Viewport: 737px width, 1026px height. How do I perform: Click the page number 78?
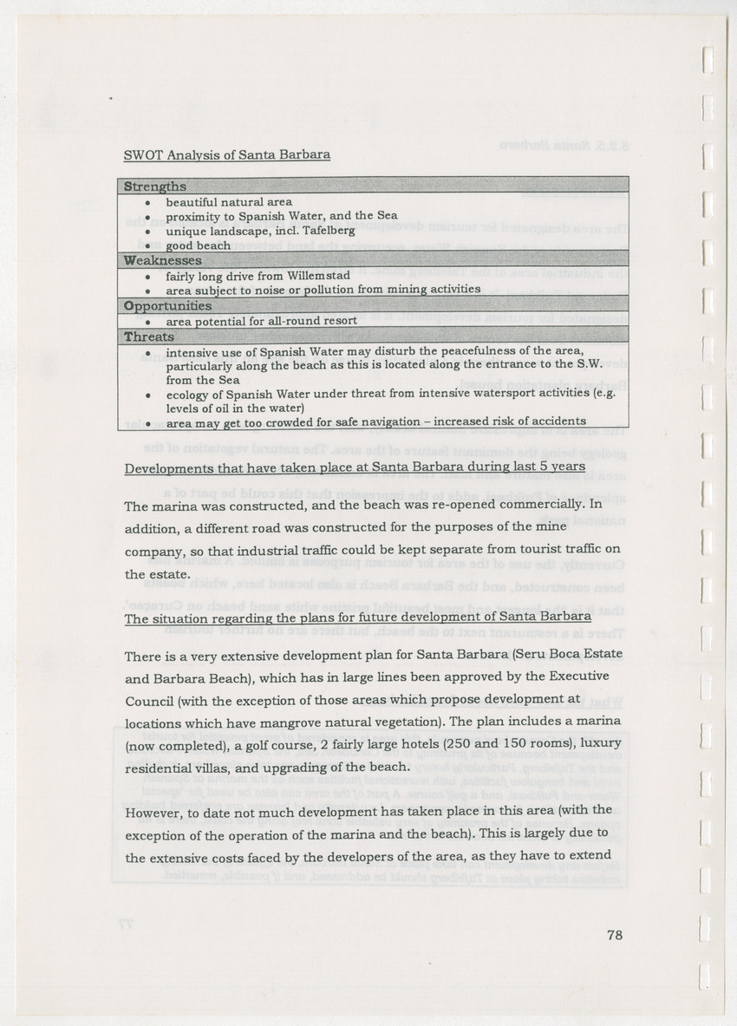tap(615, 934)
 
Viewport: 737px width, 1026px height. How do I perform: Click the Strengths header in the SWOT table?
tap(154, 186)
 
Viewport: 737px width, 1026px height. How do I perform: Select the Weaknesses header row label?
tap(162, 260)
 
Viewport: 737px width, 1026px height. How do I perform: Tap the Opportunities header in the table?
tap(167, 306)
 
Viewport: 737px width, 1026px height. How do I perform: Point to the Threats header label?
tap(148, 337)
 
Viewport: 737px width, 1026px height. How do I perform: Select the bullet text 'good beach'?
tap(199, 245)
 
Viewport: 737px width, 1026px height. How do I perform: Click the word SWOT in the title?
tap(140, 155)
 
